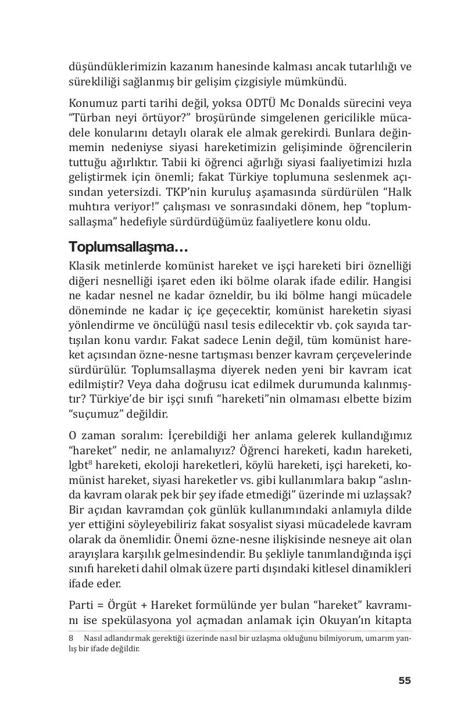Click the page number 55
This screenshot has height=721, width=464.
[404, 680]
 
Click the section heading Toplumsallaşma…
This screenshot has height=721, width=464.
[128, 246]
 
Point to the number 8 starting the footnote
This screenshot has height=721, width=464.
[71, 638]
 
